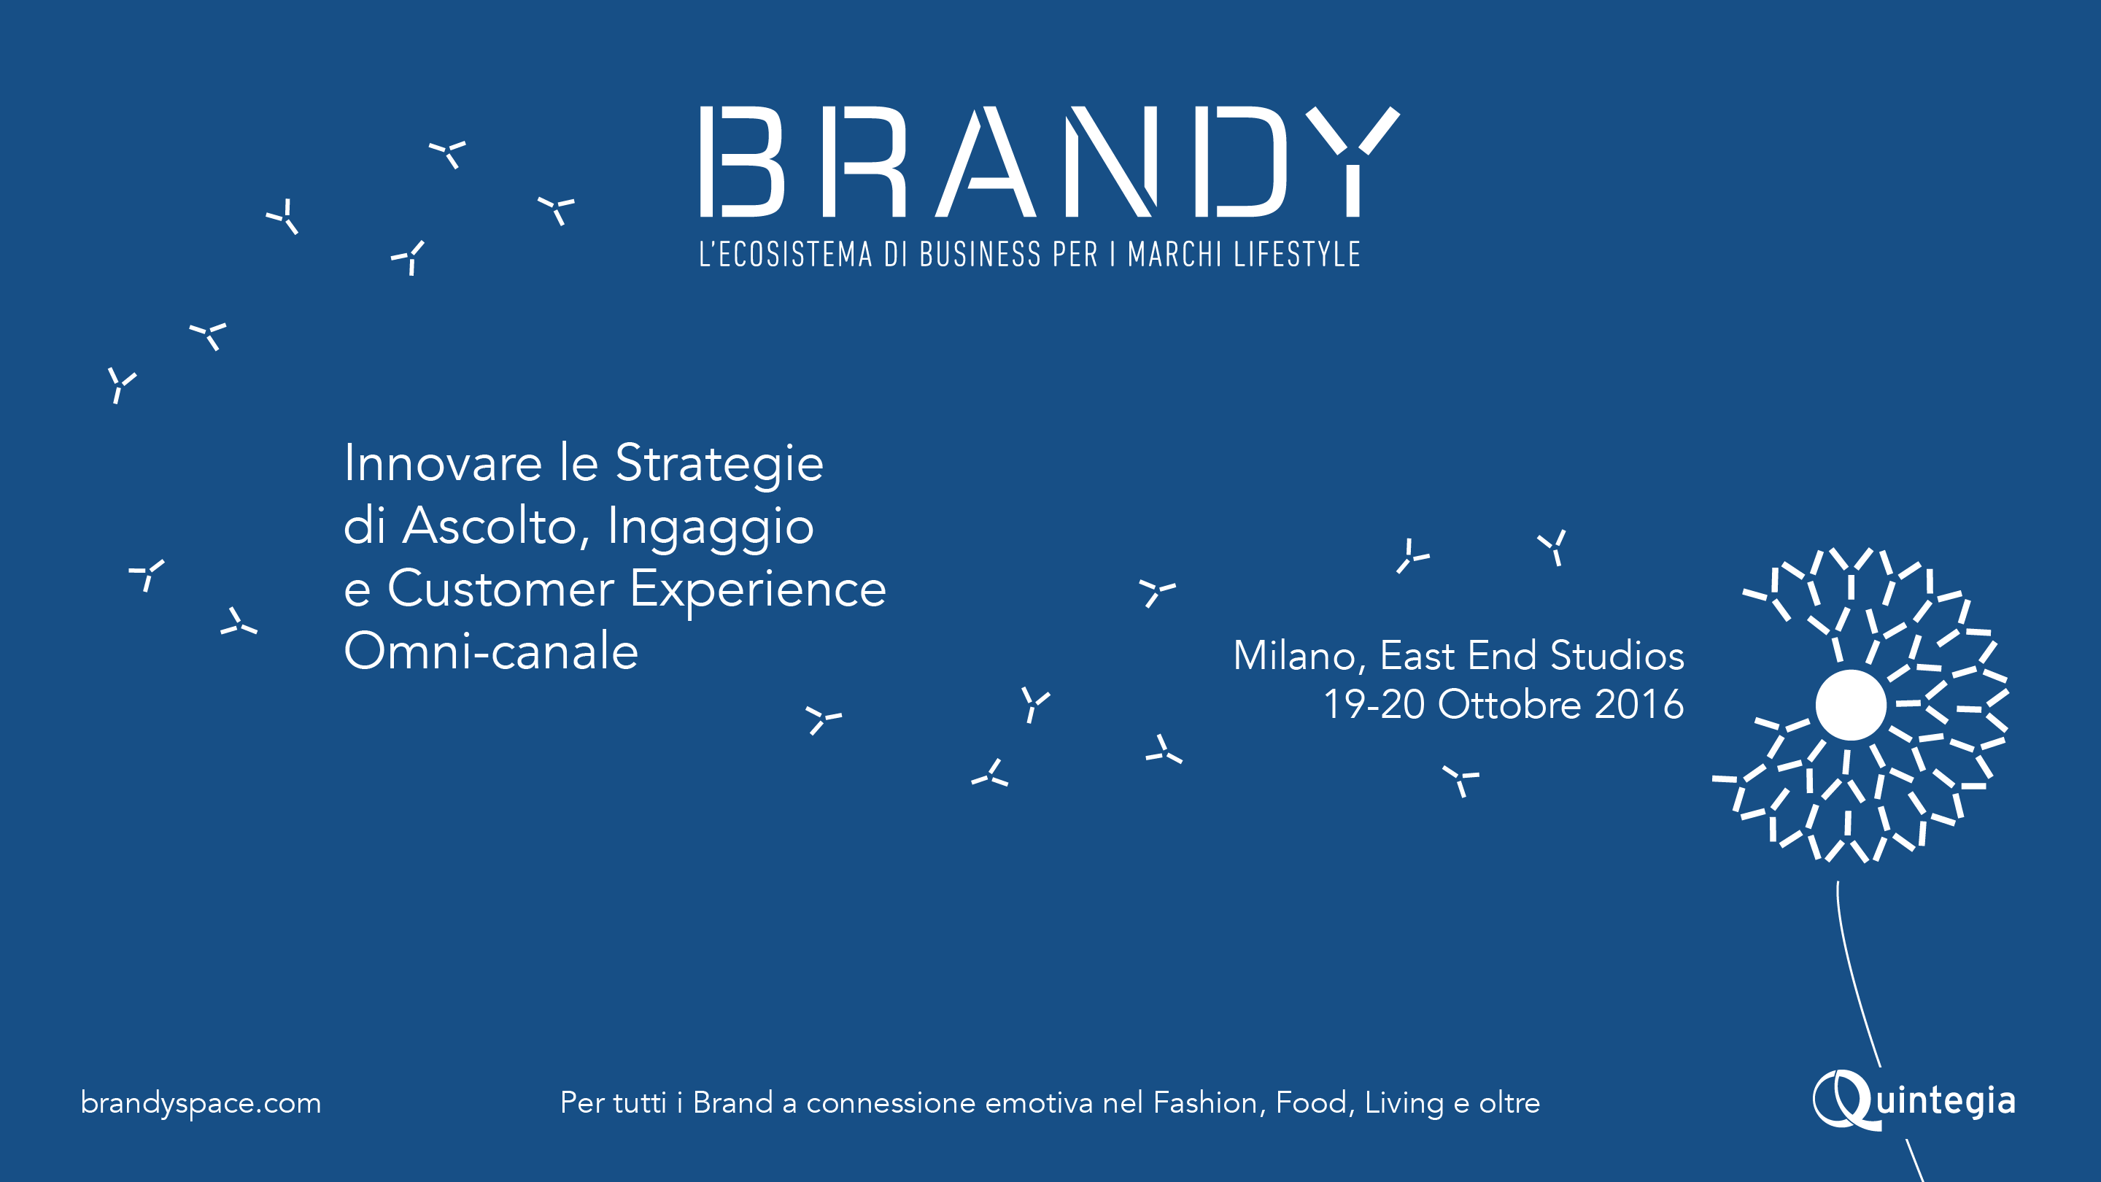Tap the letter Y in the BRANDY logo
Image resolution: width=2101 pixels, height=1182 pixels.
[1353, 161]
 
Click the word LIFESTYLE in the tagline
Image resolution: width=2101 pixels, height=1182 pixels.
[1296, 255]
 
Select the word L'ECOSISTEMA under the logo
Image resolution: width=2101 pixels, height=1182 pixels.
[786, 255]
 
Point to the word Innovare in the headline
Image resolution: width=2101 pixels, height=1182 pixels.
[443, 463]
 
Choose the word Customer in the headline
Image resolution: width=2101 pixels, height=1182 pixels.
[500, 589]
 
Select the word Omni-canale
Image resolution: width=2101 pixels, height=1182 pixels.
[491, 651]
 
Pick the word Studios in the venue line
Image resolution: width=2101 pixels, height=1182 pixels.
[1617, 655]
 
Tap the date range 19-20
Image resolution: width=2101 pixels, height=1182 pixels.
[1374, 704]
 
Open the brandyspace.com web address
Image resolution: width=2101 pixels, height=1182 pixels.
[201, 1104]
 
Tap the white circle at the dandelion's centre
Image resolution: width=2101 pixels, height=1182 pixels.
[1851, 705]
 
